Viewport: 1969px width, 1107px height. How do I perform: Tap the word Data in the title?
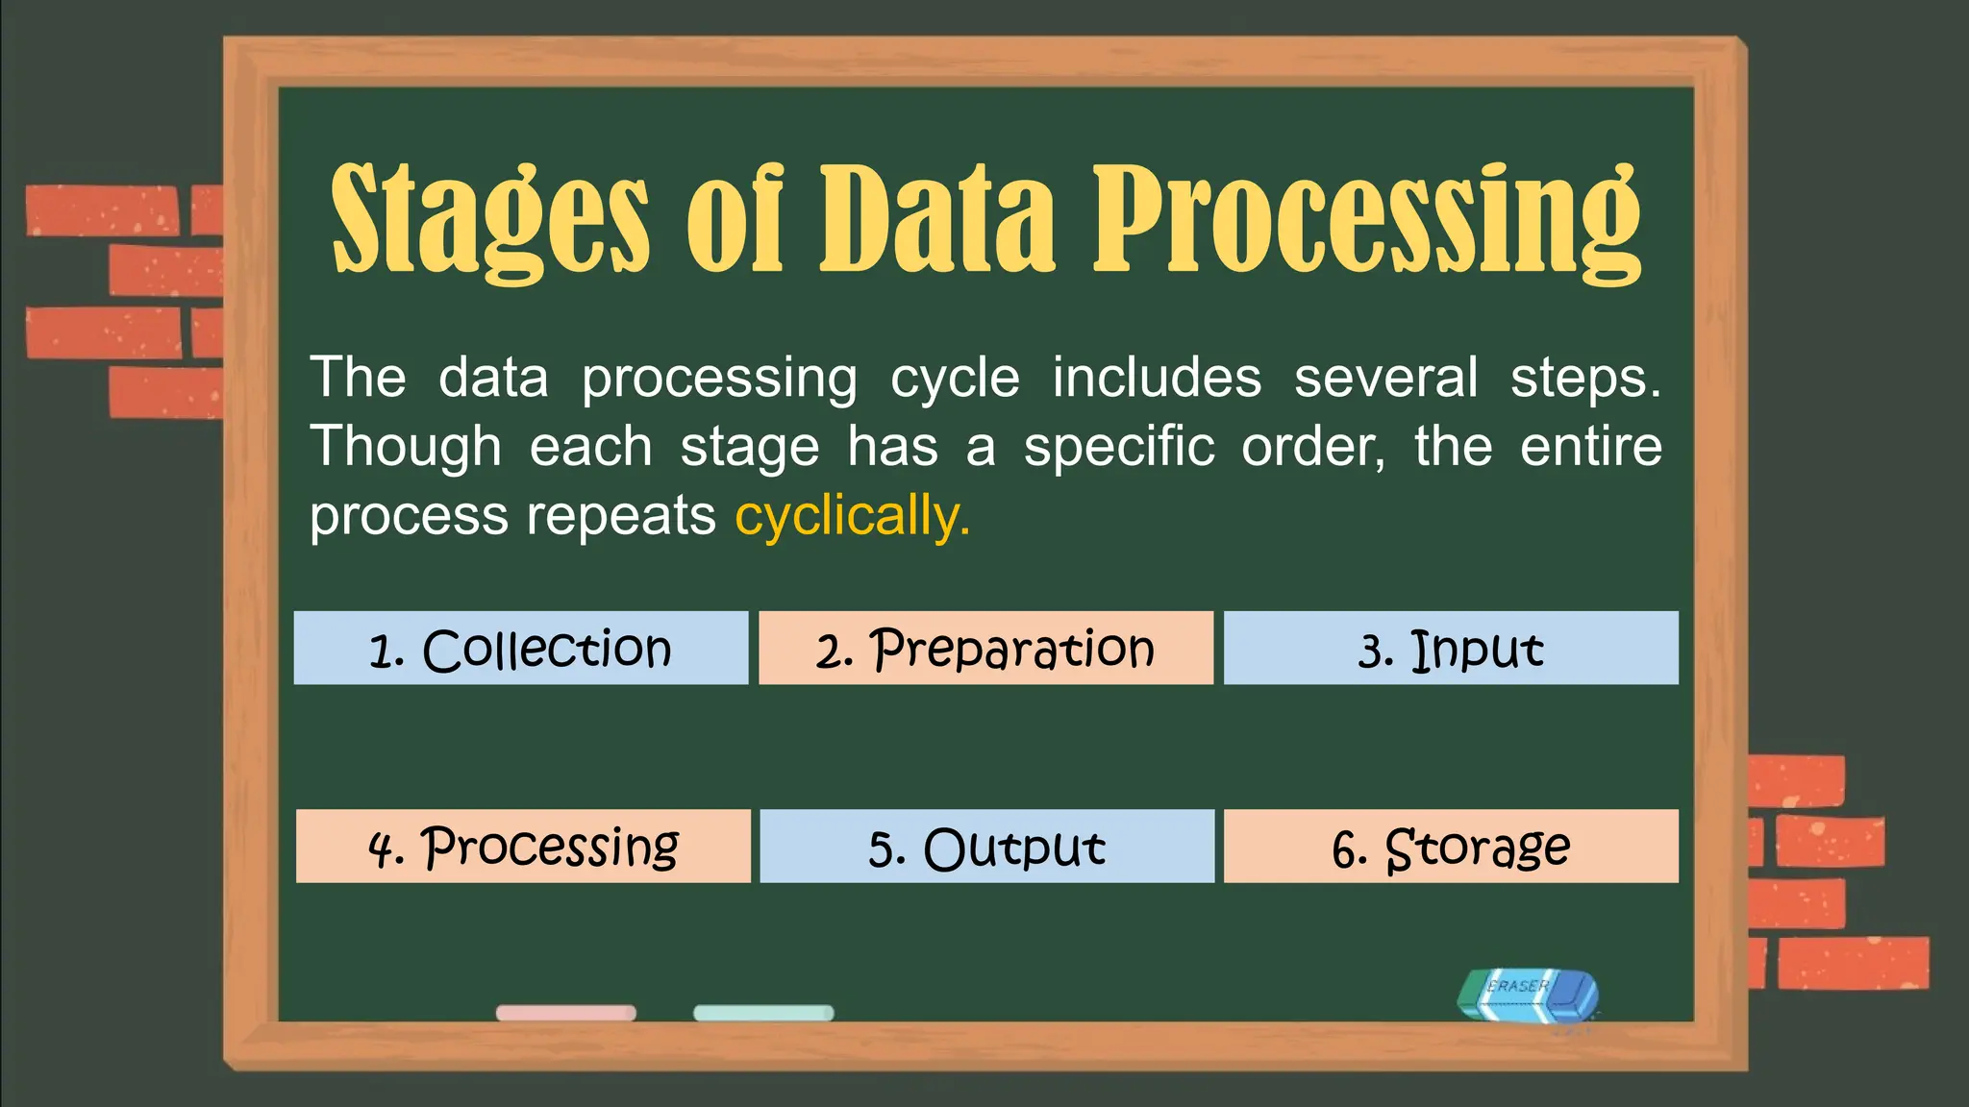click(x=937, y=219)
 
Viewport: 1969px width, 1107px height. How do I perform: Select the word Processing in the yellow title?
click(x=1365, y=219)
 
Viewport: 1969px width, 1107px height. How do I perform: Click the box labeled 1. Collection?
click(x=520, y=649)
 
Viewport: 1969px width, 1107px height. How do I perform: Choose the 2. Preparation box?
click(x=985, y=649)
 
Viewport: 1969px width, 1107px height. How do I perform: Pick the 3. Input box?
click(x=1451, y=649)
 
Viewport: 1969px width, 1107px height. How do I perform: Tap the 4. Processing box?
click(x=523, y=847)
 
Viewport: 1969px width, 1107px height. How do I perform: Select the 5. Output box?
click(x=986, y=847)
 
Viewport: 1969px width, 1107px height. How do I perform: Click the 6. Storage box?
click(x=1451, y=847)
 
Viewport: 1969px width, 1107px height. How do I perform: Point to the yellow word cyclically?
click(x=852, y=517)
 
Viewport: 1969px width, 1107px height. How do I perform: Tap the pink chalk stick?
click(x=565, y=1013)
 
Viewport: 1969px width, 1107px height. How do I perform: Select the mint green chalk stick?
click(x=763, y=1013)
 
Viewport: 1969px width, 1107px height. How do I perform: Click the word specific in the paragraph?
click(x=1118, y=448)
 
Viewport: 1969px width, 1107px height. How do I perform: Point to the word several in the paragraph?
click(x=1385, y=379)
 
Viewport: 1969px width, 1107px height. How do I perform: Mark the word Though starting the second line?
click(x=406, y=448)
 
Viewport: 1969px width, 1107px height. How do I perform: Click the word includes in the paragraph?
click(x=1156, y=379)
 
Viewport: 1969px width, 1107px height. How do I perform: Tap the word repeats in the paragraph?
click(x=620, y=517)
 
